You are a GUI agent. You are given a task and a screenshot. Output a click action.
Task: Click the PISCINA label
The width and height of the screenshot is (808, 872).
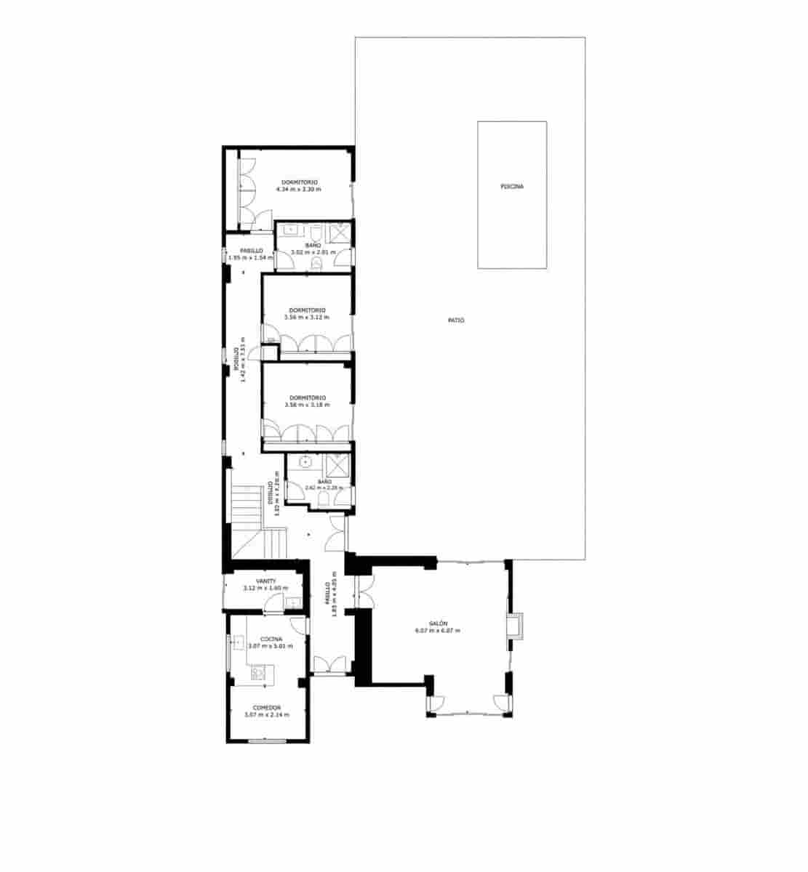512,187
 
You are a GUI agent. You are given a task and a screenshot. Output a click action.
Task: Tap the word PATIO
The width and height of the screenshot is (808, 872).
456,320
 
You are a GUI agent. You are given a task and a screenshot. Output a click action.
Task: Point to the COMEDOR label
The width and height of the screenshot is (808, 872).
267,708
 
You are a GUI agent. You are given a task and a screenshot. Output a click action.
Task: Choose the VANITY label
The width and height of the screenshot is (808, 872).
265,581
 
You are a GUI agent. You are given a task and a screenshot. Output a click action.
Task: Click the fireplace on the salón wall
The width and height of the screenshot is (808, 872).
515,626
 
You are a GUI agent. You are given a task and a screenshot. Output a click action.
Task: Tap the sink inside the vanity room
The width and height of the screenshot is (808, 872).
292,602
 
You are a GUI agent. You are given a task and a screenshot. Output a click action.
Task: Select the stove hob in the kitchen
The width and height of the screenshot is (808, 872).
257,674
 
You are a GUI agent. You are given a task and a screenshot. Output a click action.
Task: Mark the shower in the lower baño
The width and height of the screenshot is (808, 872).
337,465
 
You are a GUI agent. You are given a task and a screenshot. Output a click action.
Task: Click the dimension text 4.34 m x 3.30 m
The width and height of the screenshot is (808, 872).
298,189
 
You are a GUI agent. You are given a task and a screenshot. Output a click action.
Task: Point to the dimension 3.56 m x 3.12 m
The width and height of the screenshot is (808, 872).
306,318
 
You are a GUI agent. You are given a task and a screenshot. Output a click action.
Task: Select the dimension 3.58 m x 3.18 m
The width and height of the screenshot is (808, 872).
306,405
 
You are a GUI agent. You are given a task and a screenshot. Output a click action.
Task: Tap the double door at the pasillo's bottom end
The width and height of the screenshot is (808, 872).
329,663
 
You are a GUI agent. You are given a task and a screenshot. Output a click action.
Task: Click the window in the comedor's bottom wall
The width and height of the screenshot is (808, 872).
266,740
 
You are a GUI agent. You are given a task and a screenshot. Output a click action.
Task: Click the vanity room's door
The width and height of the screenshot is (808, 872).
275,602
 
